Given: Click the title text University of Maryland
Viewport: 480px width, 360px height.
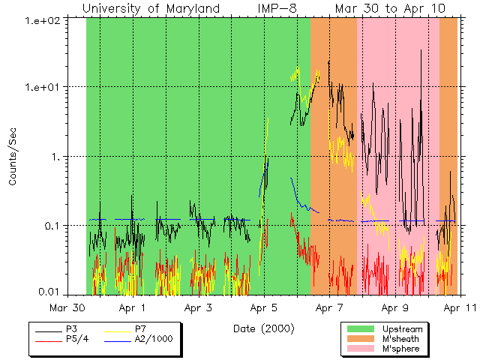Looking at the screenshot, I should point(151,8).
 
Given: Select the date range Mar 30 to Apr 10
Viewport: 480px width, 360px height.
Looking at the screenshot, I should point(390,8).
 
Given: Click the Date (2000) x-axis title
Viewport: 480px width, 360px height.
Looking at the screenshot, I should point(263,328).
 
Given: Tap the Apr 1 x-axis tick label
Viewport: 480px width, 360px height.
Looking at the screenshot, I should point(133,307).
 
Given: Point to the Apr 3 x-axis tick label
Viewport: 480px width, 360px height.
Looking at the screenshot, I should point(199,307).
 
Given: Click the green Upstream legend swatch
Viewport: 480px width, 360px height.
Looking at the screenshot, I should point(361,329).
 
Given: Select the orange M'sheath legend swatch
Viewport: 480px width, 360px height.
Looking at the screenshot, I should point(361,339).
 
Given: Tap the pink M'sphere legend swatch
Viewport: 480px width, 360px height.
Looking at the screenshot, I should point(361,349).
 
